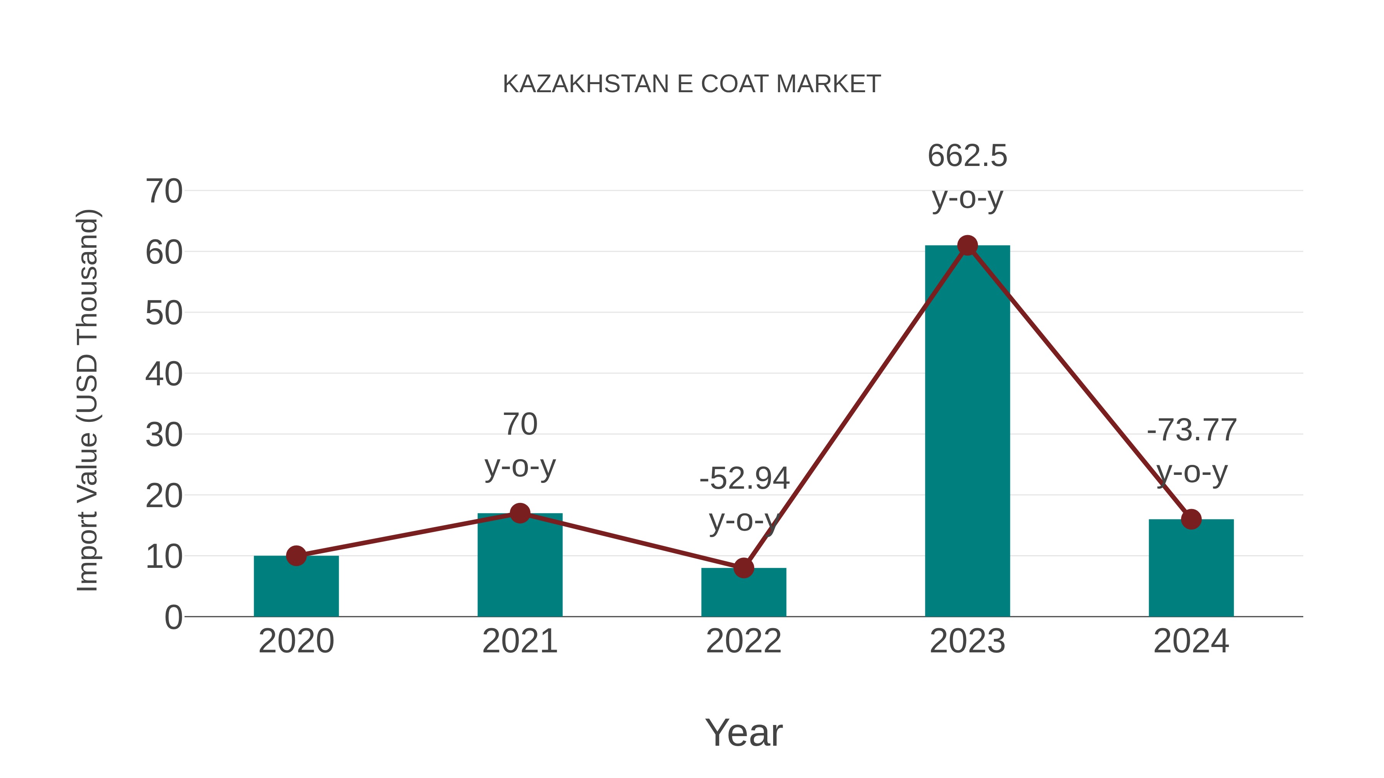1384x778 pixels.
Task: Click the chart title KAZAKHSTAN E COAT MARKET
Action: [x=692, y=84]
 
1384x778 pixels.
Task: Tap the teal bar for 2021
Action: [x=519, y=569]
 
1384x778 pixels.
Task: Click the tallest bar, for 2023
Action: [x=967, y=430]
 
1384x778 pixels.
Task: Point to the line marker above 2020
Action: [x=296, y=556]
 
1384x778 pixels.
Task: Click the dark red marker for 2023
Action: [x=967, y=246]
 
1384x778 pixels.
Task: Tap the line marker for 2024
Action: [x=1191, y=519]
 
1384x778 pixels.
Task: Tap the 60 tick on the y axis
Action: [x=164, y=252]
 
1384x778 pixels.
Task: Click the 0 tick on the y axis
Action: [x=173, y=617]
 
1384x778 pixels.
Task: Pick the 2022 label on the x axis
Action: [x=744, y=641]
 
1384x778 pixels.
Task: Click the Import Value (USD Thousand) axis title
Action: [x=87, y=400]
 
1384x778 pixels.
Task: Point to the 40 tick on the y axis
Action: [x=164, y=374]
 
